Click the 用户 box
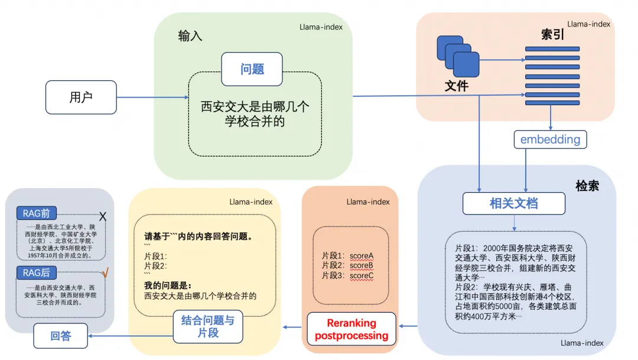81,97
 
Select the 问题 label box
252,69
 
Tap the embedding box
551,140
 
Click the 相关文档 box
513,203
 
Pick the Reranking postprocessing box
351,329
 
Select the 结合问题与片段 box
207,326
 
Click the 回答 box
60,336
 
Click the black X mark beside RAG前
102,217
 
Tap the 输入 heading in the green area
190,36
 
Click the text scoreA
362,256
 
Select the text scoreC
362,275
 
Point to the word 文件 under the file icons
456,86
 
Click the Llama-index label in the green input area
321,27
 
